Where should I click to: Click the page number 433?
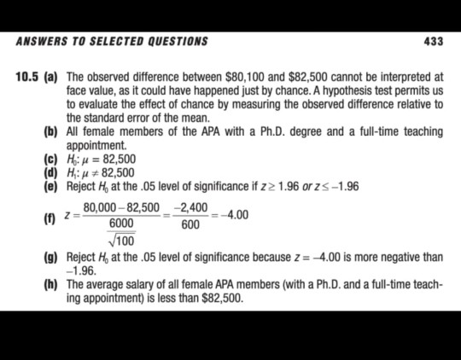433,41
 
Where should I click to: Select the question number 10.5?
28,77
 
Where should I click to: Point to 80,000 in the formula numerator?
100,208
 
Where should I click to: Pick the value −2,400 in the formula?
190,208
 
